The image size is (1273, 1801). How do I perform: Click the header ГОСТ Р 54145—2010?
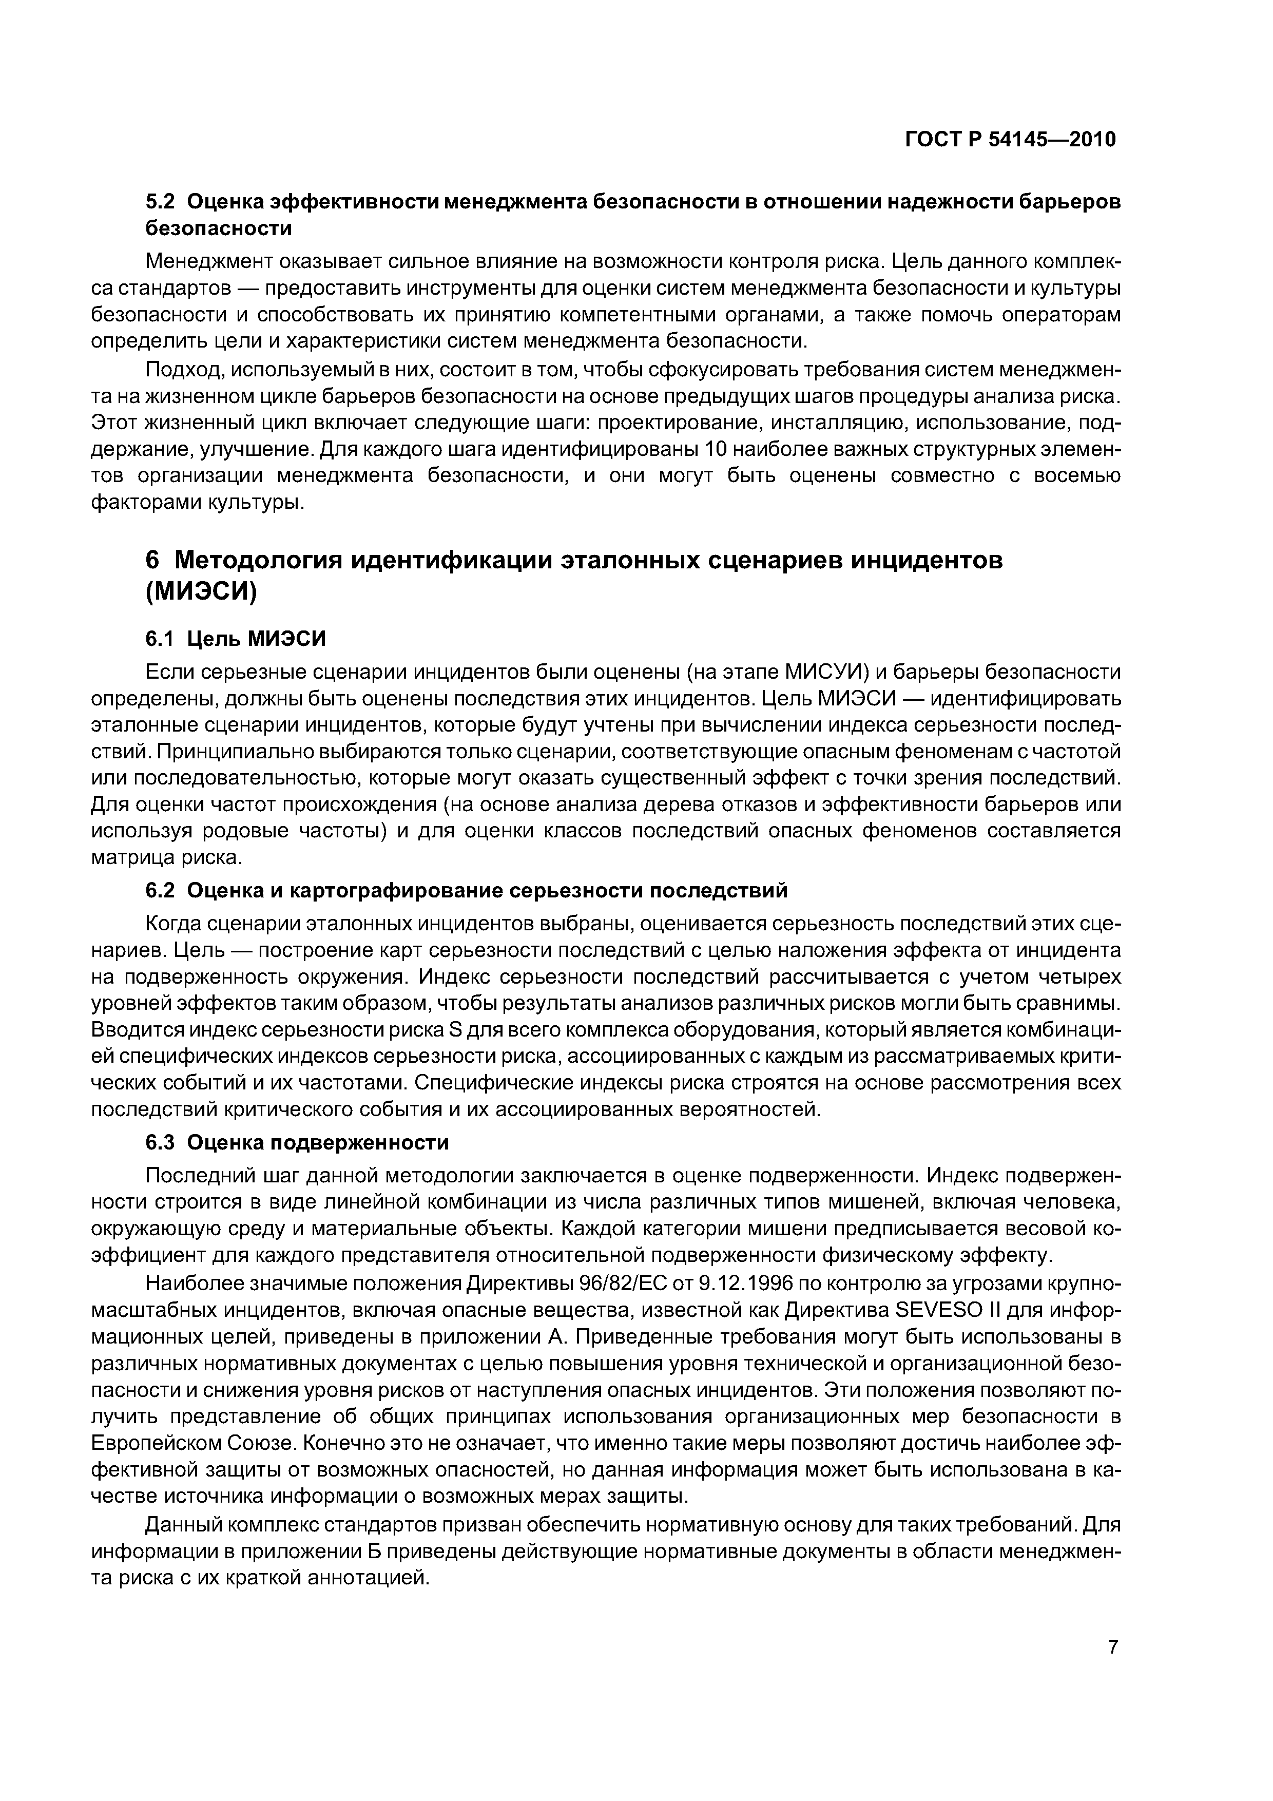[x=1010, y=140]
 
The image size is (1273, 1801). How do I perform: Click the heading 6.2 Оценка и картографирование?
[x=466, y=890]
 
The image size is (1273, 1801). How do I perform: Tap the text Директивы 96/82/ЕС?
[x=570, y=1283]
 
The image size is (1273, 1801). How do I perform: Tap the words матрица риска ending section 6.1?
[x=166, y=857]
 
